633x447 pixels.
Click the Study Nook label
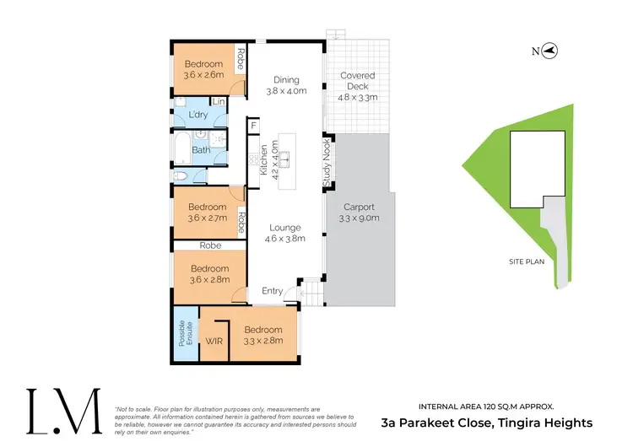[326, 163]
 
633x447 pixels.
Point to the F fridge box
[252, 127]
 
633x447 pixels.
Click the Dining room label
[286, 80]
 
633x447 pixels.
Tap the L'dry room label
[198, 114]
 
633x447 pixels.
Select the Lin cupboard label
[219, 102]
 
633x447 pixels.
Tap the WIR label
[215, 342]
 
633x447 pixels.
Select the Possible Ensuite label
[182, 337]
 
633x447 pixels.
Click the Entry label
[273, 291]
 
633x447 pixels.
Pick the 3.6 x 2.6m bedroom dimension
[205, 74]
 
